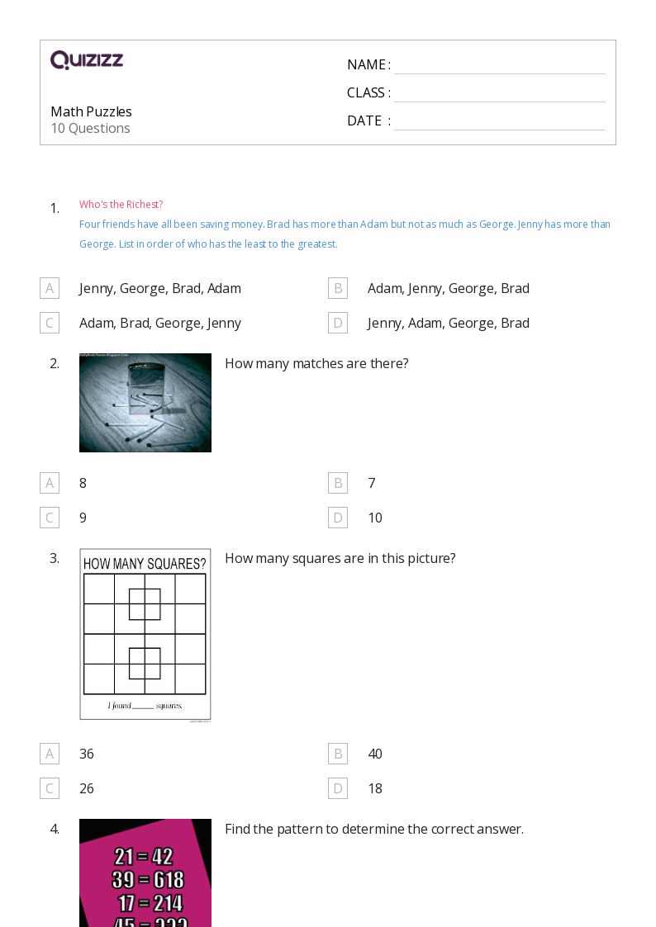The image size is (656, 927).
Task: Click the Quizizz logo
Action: coord(87,60)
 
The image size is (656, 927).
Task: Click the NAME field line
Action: coord(499,66)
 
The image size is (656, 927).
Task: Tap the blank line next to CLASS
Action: coord(499,94)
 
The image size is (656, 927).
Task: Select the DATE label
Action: coord(364,121)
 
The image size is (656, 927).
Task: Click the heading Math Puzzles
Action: coord(91,111)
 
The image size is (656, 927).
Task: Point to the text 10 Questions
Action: coord(90,129)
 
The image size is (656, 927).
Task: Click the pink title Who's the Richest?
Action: coord(121,205)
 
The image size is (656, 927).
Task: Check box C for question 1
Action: coord(50,323)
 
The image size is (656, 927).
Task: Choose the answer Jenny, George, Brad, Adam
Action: coord(160,288)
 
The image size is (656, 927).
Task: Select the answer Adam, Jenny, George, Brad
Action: coord(448,288)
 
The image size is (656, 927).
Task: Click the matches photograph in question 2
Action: coord(145,403)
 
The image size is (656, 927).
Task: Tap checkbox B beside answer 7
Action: coord(337,483)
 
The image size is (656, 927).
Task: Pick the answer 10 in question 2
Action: coord(375,518)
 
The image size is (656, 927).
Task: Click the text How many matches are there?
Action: coord(316,363)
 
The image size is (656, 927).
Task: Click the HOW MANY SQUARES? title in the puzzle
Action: coord(145,564)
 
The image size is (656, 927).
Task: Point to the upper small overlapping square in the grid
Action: coord(145,604)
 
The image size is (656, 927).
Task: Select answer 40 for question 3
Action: coord(375,754)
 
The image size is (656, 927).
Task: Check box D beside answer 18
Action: coord(337,788)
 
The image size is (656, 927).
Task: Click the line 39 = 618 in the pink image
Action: coord(148,880)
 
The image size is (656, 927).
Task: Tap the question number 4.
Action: coord(55,829)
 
